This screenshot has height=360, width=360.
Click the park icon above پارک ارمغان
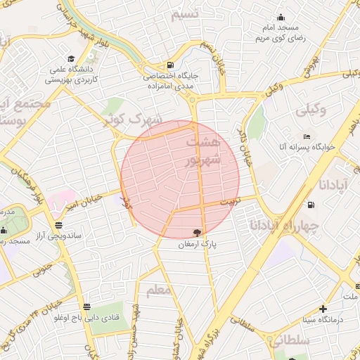tap(198, 233)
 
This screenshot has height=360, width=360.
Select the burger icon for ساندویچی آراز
tap(58, 226)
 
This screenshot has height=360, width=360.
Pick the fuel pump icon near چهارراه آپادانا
tap(310, 205)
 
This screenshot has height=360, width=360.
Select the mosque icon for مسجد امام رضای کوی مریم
tap(281, 18)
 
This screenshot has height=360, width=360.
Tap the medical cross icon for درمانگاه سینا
tap(323, 309)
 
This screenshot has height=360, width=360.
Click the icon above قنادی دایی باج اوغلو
tap(86, 307)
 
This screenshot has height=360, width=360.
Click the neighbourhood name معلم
tap(158, 289)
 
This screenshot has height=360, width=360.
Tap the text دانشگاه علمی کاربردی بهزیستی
tap(72, 75)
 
